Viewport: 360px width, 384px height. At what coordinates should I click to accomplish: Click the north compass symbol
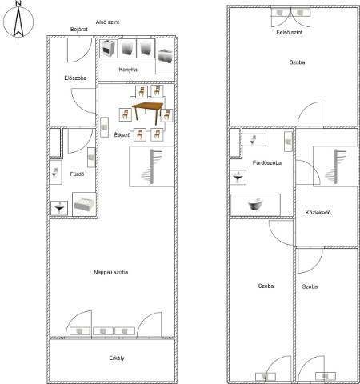click(18, 21)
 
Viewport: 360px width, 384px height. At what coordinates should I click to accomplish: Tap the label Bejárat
click(79, 29)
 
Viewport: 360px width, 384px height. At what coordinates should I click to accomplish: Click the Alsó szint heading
click(107, 22)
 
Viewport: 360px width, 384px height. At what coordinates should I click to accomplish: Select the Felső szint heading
click(290, 32)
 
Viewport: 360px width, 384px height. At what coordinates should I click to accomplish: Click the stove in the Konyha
click(108, 48)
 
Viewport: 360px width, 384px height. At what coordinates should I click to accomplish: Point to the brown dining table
click(147, 112)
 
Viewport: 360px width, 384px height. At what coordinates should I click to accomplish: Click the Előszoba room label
click(75, 78)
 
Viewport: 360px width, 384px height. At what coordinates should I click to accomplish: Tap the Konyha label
click(128, 70)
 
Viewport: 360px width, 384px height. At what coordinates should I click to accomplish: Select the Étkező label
click(122, 134)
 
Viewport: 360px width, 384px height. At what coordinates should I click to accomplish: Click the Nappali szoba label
click(111, 272)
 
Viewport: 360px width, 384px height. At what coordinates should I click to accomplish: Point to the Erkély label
click(117, 358)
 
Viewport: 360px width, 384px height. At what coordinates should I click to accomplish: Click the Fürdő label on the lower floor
click(77, 174)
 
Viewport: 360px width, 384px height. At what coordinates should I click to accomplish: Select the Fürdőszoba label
click(267, 162)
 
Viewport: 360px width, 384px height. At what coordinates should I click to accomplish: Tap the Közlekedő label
click(318, 213)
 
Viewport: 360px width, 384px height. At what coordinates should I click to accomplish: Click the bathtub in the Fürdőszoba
click(255, 205)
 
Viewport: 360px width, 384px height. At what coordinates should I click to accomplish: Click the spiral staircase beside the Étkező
click(151, 166)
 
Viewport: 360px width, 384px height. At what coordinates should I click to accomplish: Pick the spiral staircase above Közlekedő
click(335, 166)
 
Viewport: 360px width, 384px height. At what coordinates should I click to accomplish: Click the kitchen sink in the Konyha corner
click(166, 56)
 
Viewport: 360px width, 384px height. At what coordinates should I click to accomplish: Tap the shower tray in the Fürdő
click(84, 204)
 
